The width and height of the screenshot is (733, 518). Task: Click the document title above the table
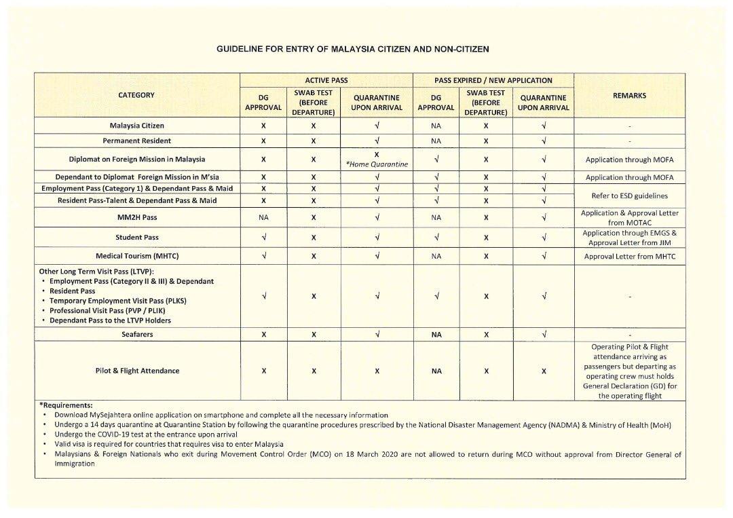352,50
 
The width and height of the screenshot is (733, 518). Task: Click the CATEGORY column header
136,95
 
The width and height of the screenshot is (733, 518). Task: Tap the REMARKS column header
629,96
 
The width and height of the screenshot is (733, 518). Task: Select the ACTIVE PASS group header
326,80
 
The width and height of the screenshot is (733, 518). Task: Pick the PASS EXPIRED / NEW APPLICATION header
493,80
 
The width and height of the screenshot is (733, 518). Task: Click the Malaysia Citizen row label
137,126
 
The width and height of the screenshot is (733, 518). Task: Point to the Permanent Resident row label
137,141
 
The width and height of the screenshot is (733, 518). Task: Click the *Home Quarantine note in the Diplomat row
376,164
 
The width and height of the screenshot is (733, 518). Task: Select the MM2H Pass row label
137,218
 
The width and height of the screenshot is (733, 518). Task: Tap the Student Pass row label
137,238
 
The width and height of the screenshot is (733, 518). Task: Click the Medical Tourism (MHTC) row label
137,257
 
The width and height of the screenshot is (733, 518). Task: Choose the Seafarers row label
137,334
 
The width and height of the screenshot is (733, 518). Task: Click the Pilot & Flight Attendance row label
137,371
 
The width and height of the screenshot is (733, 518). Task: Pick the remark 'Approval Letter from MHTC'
629,257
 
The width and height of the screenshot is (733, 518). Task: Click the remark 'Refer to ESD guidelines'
629,196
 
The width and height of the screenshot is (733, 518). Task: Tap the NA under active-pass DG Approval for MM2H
263,218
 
